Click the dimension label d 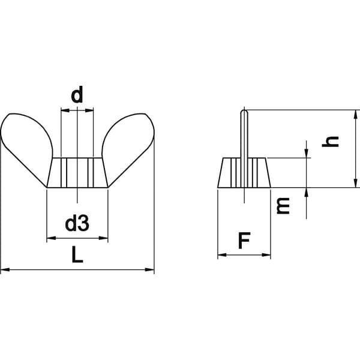coord(77,95)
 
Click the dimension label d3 coord(77,223)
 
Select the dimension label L coord(77,254)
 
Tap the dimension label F coord(244,241)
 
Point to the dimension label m coord(283,205)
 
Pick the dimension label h coord(330,141)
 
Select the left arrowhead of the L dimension coord(5,269)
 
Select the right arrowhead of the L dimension coord(149,269)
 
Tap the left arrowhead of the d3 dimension coord(51,238)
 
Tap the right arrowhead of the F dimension coord(266,255)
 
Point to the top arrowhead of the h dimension coord(356,115)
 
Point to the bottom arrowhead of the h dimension coord(356,183)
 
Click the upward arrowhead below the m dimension coord(306,192)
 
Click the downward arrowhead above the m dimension coord(306,154)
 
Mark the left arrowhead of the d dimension coord(65,110)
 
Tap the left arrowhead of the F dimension coord(222,255)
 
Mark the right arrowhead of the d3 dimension coord(103,238)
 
